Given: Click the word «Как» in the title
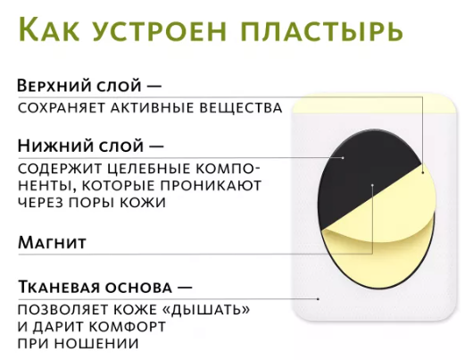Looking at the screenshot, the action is click(x=48, y=29).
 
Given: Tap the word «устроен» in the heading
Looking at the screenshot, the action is click(x=159, y=30).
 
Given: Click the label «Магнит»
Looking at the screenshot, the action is click(x=52, y=242).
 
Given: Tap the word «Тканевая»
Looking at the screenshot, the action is click(x=59, y=287).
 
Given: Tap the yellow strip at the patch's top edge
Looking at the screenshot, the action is click(x=375, y=105).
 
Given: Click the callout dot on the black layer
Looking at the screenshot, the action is click(x=343, y=157).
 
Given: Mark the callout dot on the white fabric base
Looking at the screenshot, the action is click(x=319, y=299).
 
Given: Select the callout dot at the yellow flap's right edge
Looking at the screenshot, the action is click(x=423, y=172).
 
